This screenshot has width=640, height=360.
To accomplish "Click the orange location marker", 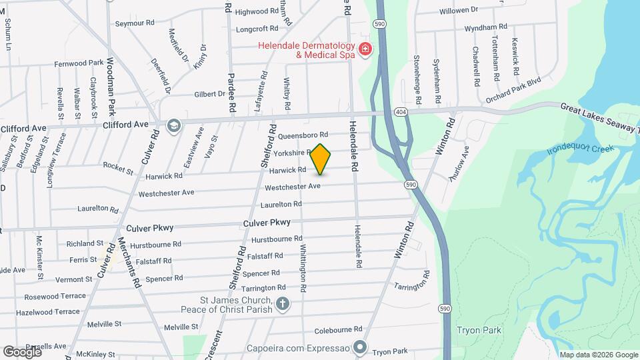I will click(x=321, y=159).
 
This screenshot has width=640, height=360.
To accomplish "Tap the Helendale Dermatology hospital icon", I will click(x=365, y=49).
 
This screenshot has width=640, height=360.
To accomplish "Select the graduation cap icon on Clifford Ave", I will click(x=174, y=126).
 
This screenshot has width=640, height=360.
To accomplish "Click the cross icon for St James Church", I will click(x=283, y=305).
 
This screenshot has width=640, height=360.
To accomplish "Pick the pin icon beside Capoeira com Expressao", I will click(x=361, y=347).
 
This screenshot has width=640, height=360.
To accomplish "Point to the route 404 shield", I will click(x=401, y=111).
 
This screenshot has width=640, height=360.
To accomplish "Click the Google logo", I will click(x=22, y=351).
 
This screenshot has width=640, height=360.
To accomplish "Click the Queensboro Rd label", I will click(x=303, y=135).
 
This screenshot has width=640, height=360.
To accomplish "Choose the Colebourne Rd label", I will click(x=338, y=329).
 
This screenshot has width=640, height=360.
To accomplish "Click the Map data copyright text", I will click(x=598, y=355).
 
